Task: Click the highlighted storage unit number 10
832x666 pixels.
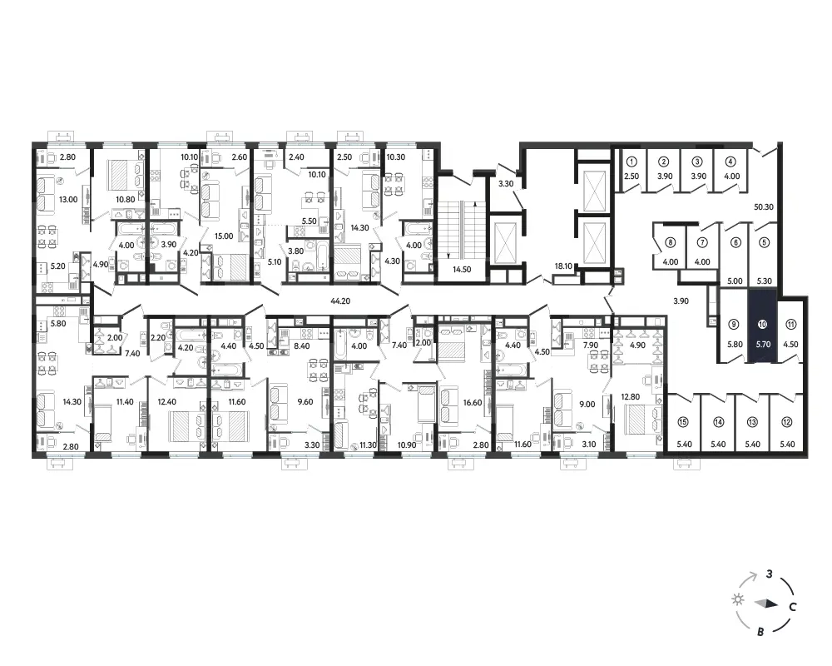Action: (762, 324)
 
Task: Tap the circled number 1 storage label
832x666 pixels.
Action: (631, 162)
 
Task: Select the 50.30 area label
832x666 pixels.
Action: (764, 207)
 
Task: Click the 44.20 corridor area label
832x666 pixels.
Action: (340, 301)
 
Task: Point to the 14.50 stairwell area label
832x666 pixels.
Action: (462, 269)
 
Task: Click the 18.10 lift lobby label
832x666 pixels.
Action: (563, 266)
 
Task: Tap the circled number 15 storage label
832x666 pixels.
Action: (683, 422)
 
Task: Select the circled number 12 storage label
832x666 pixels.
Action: (786, 422)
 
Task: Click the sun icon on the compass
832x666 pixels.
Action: (737, 599)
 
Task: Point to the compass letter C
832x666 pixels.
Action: (793, 607)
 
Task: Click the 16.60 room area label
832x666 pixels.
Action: (473, 403)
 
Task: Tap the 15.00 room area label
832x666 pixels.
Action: (224, 236)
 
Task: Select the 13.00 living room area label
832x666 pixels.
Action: (68, 200)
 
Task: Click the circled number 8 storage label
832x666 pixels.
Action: (671, 243)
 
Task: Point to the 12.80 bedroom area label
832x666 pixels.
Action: (631, 396)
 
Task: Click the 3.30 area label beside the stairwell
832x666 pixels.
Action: (506, 184)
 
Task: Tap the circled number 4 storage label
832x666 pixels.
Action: (731, 162)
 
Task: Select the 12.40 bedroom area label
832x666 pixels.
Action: (166, 402)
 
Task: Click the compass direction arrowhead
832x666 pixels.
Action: (767, 604)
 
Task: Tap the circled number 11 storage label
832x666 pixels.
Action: (790, 324)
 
